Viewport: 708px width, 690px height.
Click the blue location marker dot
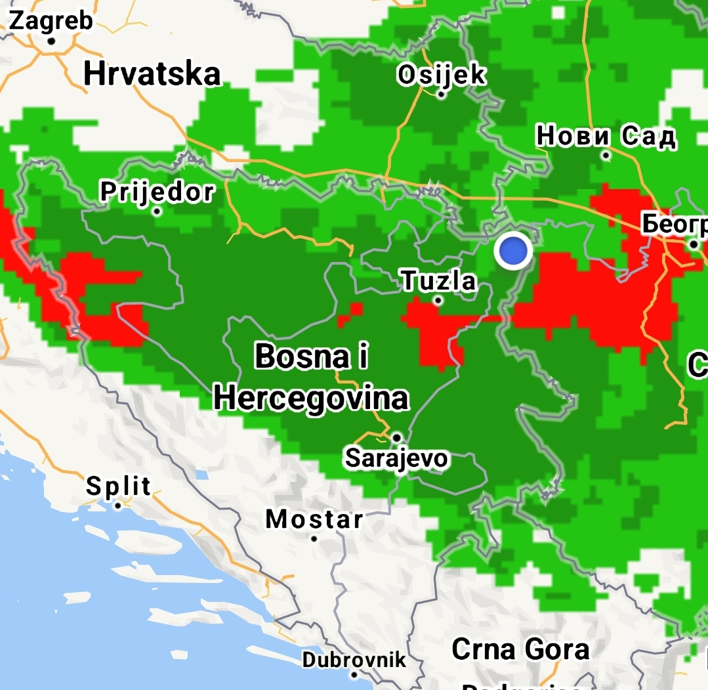512,251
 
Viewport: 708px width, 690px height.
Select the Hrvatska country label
152,74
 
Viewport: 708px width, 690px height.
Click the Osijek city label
441,75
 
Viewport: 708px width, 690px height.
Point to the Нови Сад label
606,137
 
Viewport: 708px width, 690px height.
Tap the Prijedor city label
157,192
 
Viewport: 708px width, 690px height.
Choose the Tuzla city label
438,281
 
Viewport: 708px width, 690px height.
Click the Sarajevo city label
396,458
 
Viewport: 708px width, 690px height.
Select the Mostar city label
314,519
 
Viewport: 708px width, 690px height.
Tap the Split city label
119,486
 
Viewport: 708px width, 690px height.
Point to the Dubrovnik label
354,658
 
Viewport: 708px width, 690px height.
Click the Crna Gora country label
520,649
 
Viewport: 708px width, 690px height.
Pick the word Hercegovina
311,398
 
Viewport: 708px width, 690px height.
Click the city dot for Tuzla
438,301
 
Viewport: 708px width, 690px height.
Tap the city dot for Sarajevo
397,437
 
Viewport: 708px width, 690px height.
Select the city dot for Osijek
441,95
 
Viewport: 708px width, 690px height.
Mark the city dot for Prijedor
157,211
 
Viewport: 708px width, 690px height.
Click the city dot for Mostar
314,538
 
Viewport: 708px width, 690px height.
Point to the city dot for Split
118,506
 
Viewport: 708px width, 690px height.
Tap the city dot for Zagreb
51,40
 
